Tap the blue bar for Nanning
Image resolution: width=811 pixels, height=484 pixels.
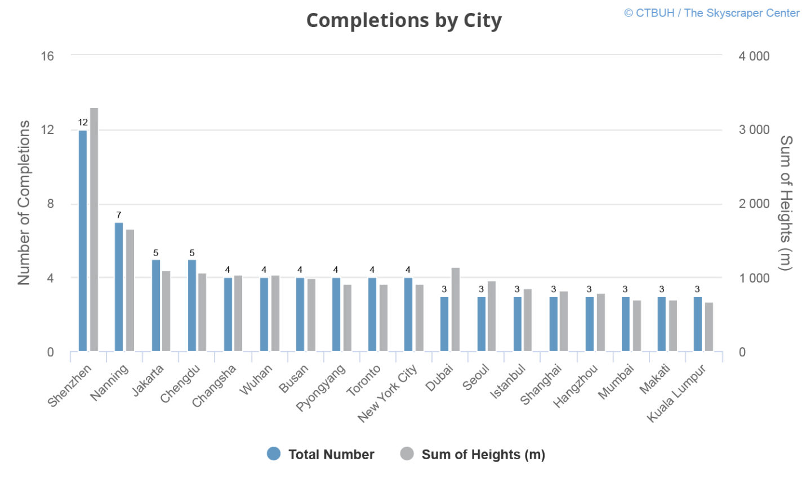click(119, 287)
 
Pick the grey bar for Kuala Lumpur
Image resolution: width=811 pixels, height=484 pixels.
click(709, 327)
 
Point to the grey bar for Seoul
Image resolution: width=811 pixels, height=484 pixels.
click(492, 316)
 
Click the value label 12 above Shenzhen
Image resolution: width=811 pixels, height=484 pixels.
click(83, 122)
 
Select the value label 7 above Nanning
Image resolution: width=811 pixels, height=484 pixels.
click(119, 215)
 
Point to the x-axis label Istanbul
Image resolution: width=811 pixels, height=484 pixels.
click(508, 381)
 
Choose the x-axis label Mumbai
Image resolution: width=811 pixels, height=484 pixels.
click(616, 382)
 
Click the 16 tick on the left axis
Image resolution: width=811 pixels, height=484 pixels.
click(47, 56)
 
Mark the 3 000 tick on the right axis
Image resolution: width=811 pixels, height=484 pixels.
click(754, 129)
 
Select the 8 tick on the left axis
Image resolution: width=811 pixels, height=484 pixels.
click(51, 204)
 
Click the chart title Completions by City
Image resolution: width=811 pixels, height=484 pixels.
click(404, 21)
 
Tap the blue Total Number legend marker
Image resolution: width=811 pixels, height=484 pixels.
click(274, 454)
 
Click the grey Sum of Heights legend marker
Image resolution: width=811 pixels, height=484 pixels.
click(407, 454)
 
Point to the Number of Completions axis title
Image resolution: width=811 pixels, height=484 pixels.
click(24, 203)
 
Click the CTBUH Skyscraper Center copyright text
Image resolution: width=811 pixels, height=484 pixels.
click(711, 13)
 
